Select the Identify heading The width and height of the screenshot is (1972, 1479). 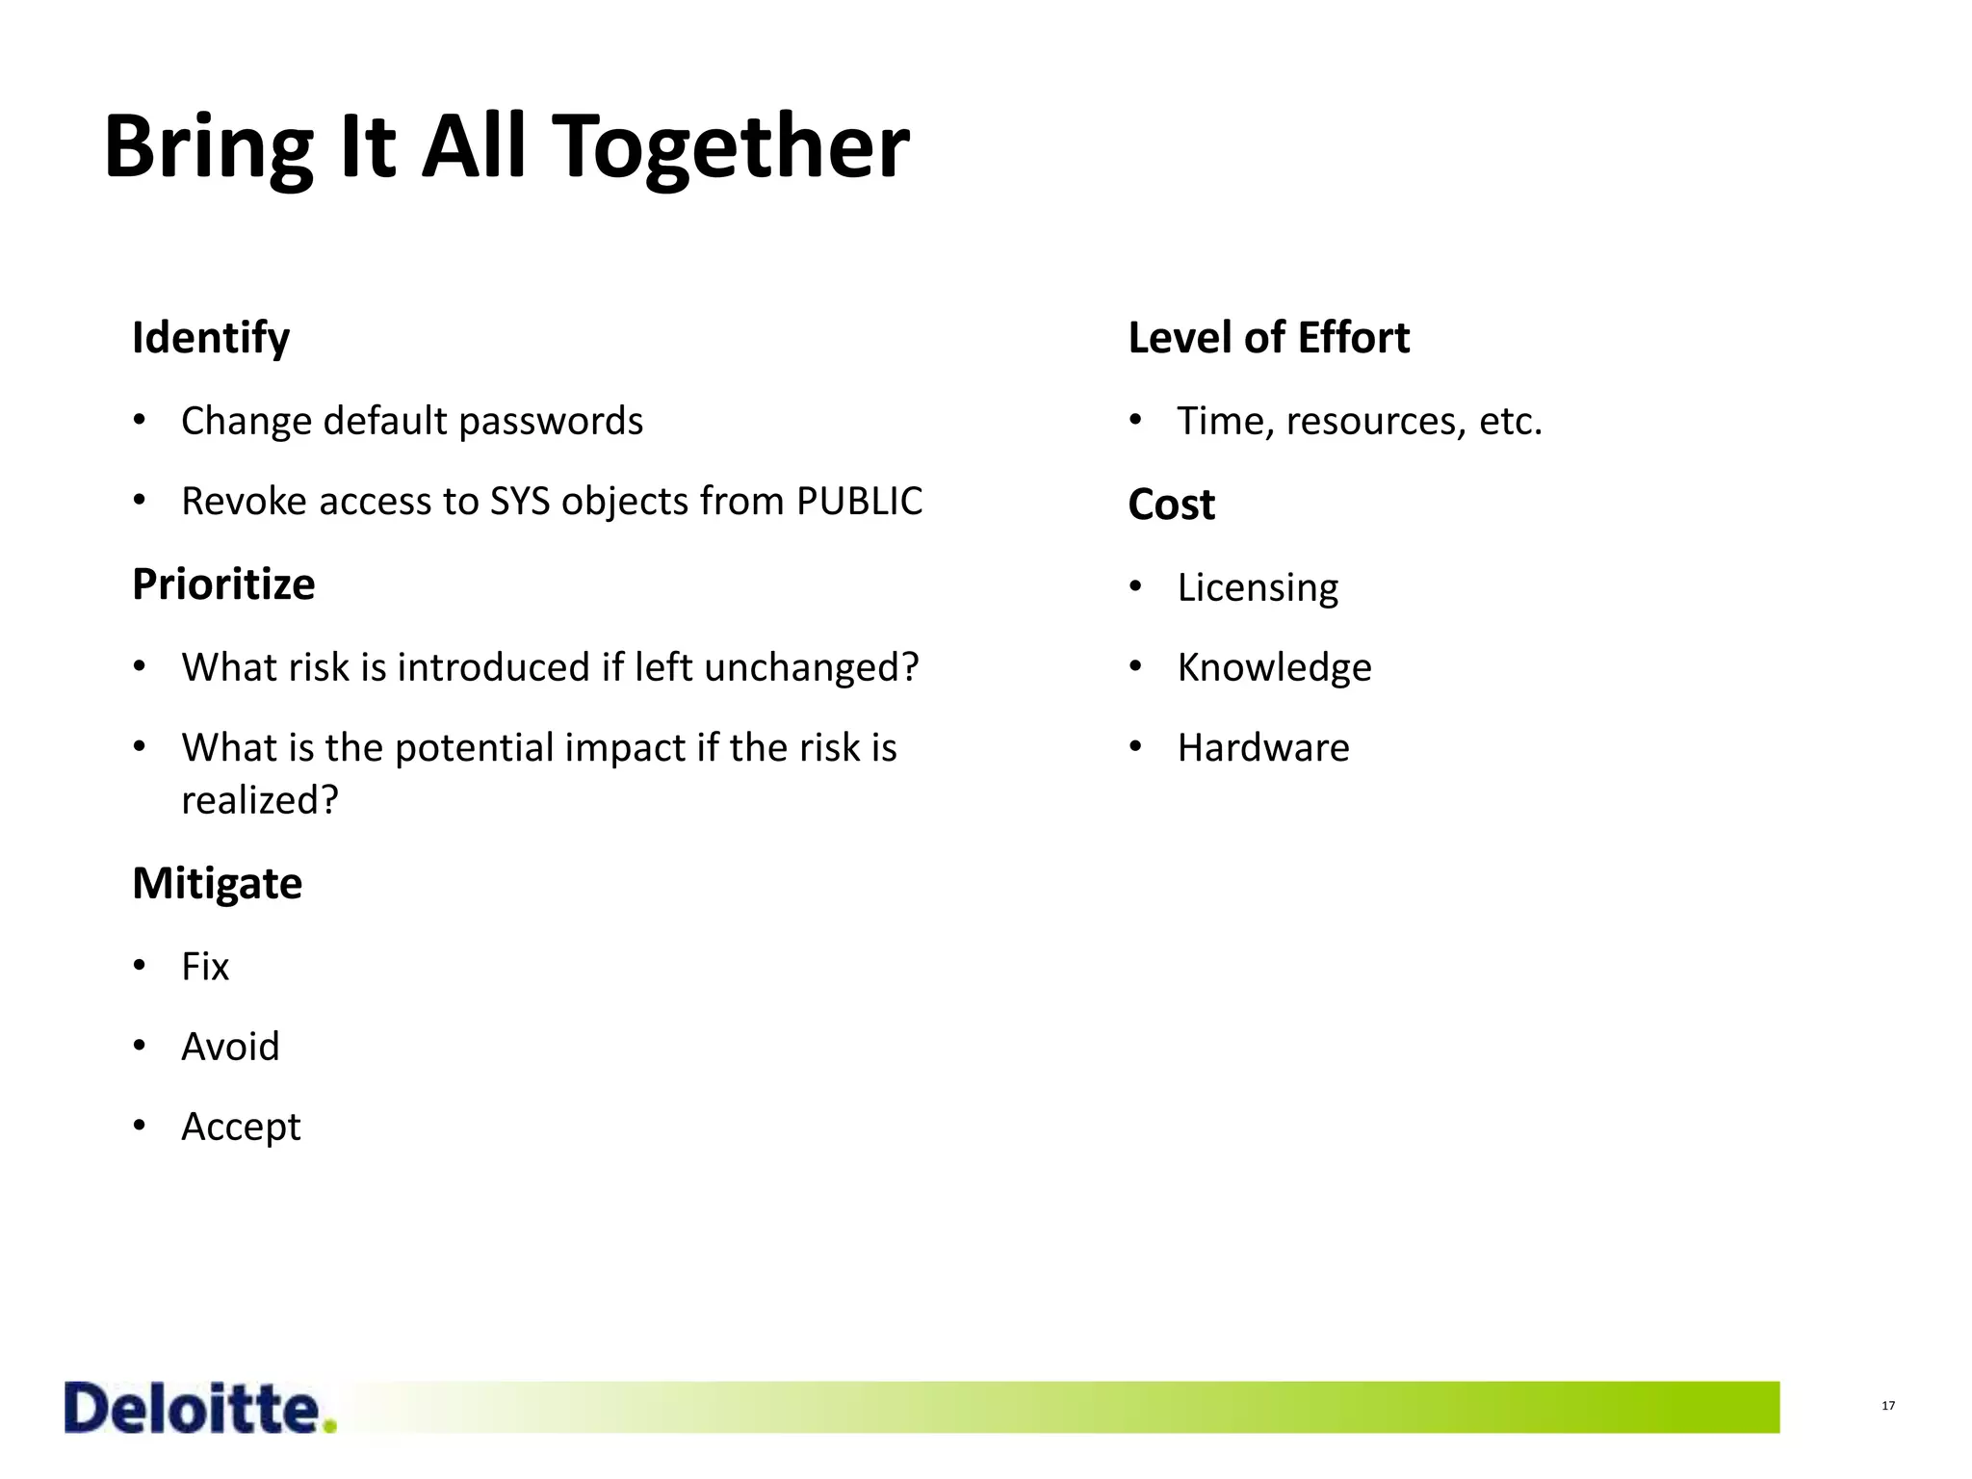pyautogui.click(x=211, y=338)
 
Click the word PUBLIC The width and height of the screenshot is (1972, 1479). pyautogui.click(x=859, y=502)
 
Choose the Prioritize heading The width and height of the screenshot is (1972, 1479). pyautogui.click(x=223, y=584)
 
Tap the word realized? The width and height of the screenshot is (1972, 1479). pyautogui.click(x=260, y=800)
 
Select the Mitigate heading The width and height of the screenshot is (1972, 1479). pyautogui.click(x=217, y=883)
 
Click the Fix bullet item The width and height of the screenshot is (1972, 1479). pyautogui.click(x=205, y=967)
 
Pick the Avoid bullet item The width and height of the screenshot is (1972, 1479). pyautogui.click(x=230, y=1047)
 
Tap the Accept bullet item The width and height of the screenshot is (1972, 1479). pyautogui.click(x=241, y=1127)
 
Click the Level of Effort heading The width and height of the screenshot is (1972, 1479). pyautogui.click(x=1268, y=338)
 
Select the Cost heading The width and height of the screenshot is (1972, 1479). pyautogui.click(x=1171, y=505)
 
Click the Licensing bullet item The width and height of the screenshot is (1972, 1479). pyautogui.click(x=1258, y=587)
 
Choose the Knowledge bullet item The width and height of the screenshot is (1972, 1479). pyautogui.click(x=1274, y=667)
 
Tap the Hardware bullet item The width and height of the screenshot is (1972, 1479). pyautogui.click(x=1263, y=748)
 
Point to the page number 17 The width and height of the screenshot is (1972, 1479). pyautogui.click(x=1888, y=1406)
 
